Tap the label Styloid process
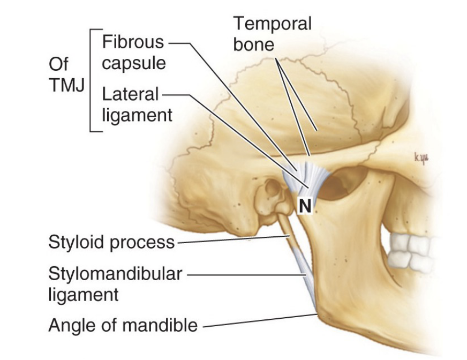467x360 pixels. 111,242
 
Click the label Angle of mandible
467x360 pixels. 123,325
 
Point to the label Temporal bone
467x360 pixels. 272,33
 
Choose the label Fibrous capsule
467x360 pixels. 134,52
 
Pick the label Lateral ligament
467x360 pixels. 137,104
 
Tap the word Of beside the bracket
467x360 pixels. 58,64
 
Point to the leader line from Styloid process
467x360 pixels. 230,240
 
